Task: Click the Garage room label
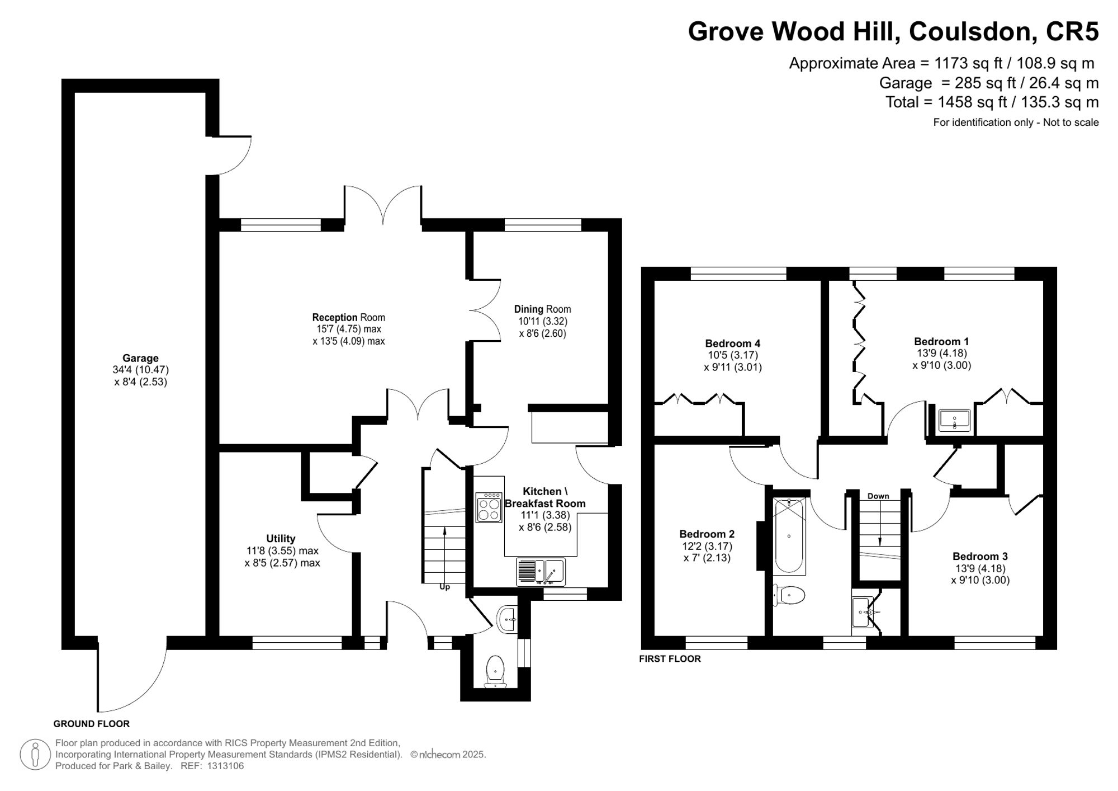[140, 358]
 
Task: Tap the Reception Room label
[348, 317]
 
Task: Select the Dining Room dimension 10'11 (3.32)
[542, 321]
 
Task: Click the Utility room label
[281, 538]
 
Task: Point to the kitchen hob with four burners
[489, 508]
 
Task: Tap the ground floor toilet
[495, 669]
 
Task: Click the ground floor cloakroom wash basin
[508, 619]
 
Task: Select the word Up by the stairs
[444, 587]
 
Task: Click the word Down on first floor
[878, 496]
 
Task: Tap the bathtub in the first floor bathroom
[789, 536]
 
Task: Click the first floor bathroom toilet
[790, 595]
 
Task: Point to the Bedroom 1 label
[941, 341]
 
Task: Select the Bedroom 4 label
[732, 343]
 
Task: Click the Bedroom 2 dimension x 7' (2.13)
[707, 558]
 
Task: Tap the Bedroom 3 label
[980, 556]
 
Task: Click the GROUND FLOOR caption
[91, 723]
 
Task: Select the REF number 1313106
[225, 766]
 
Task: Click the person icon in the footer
[35, 754]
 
